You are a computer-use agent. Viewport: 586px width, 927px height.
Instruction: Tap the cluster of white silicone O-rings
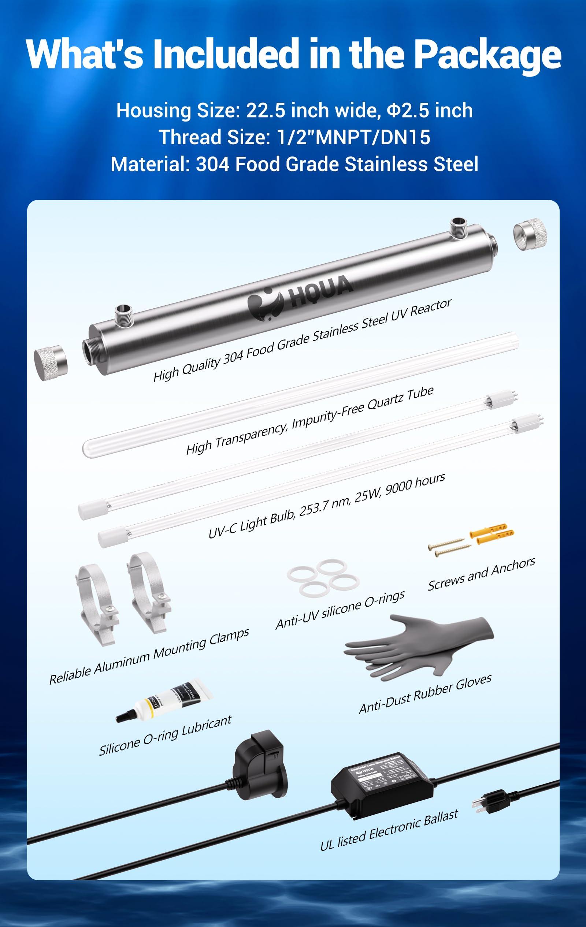click(x=323, y=577)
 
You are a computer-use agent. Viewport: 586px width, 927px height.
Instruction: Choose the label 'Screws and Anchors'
click(x=481, y=574)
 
